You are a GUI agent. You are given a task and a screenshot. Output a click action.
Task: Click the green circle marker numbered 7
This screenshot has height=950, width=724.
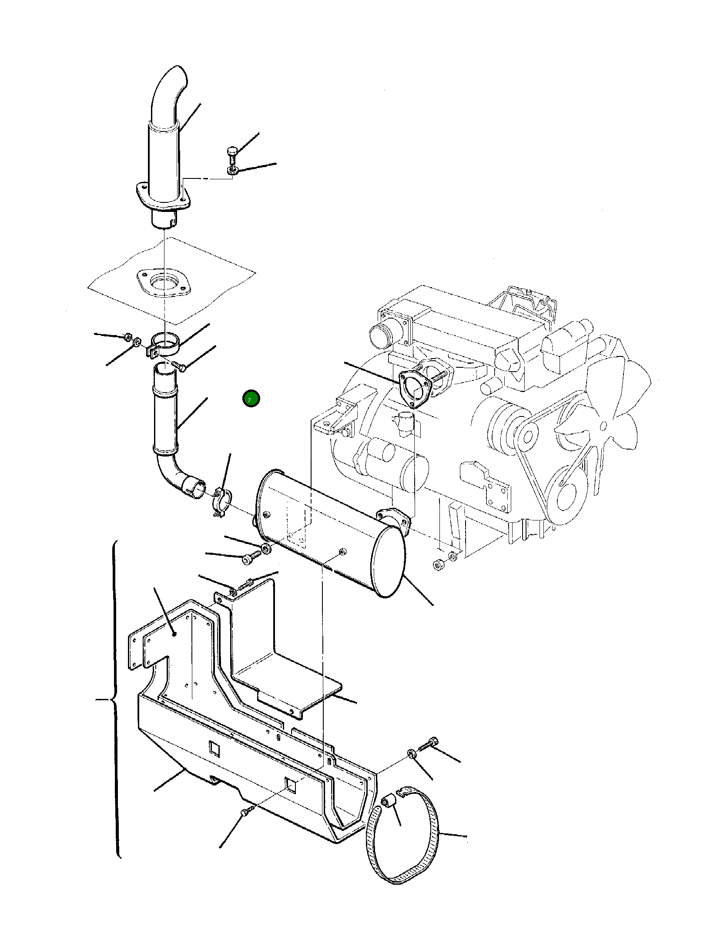coord(251,399)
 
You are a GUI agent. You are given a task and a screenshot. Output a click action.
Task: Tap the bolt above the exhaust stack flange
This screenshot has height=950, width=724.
coord(232,154)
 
